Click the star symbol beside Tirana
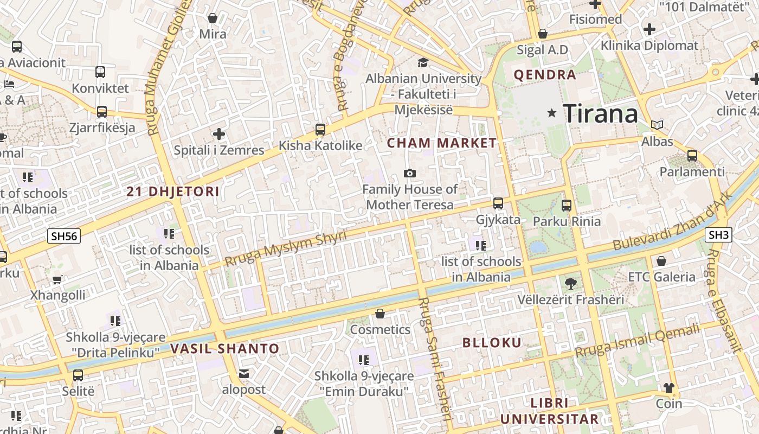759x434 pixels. click(x=552, y=113)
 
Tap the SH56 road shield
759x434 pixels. click(x=64, y=236)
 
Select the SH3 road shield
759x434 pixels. click(x=719, y=235)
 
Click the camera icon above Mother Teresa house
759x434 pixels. click(x=410, y=173)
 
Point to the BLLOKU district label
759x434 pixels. click(x=492, y=342)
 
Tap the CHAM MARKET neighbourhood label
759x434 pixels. click(x=441, y=143)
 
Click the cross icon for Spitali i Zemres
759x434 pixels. click(x=219, y=133)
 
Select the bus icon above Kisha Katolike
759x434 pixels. click(x=320, y=130)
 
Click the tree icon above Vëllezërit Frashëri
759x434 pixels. click(x=570, y=283)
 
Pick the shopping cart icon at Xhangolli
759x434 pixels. click(x=57, y=279)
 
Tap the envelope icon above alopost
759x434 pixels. click(x=244, y=373)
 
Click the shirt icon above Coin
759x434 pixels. click(x=669, y=387)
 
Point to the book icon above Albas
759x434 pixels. click(x=657, y=125)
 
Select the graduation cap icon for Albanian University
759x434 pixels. click(x=423, y=62)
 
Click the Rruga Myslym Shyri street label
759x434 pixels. click(x=285, y=249)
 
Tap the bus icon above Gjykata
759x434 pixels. click(x=498, y=203)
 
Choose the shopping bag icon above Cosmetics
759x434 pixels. click(x=380, y=314)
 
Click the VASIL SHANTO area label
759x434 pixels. click(x=225, y=349)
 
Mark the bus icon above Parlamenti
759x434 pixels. click(x=692, y=156)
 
